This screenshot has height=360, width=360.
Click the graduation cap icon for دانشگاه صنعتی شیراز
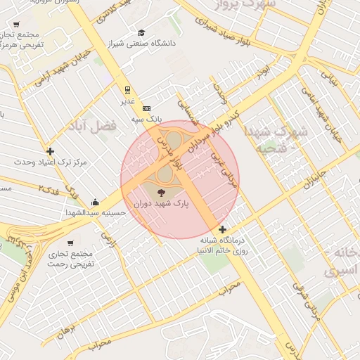tap(142, 32)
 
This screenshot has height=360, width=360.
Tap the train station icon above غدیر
tap(127, 90)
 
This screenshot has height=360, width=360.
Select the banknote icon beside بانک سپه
tap(146, 108)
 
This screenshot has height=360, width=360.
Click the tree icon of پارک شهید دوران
tap(161, 191)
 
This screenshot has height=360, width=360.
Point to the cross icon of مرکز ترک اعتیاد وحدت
tap(50, 151)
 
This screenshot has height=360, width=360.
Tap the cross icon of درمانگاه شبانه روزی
tap(223, 229)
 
